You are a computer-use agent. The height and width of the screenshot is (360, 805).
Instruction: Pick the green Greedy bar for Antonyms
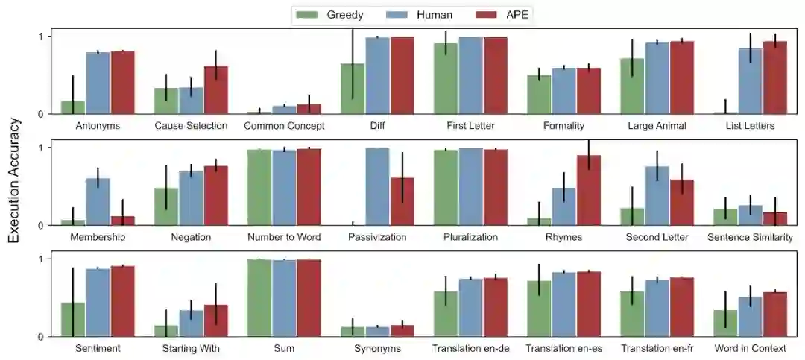[x=72, y=107]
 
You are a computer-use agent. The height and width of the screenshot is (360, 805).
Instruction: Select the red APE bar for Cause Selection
[x=216, y=90]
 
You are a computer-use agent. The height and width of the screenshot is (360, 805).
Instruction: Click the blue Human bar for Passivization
[x=377, y=186]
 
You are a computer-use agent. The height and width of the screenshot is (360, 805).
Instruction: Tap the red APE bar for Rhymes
[x=589, y=190]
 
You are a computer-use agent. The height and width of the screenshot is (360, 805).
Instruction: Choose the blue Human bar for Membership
[x=98, y=201]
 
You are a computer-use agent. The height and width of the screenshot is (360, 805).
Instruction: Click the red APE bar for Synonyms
[x=402, y=330]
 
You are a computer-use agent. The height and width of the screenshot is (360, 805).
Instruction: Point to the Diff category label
[x=377, y=126]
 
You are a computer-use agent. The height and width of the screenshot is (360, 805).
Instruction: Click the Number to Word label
[x=284, y=237]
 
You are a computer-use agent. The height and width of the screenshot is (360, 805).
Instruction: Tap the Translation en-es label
[x=563, y=348]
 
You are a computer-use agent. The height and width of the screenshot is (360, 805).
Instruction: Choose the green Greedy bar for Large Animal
[x=632, y=86]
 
